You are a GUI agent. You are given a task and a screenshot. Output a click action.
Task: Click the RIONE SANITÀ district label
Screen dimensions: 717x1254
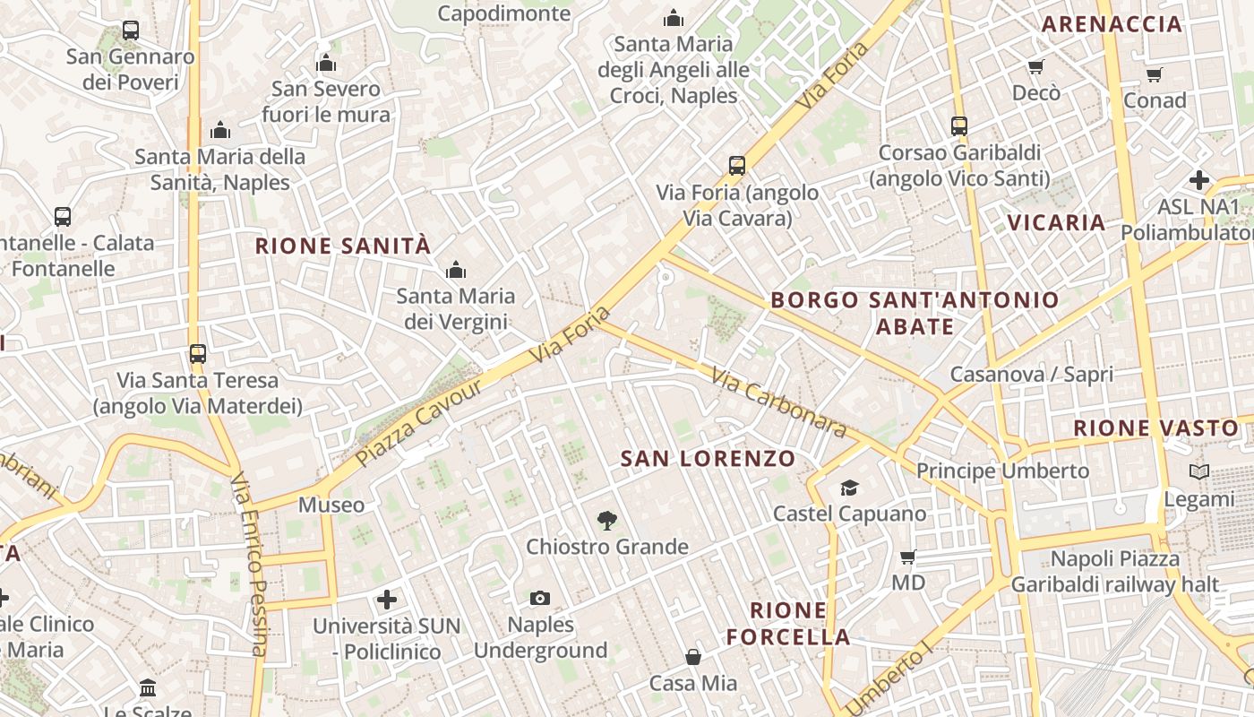pyautogui.click(x=343, y=246)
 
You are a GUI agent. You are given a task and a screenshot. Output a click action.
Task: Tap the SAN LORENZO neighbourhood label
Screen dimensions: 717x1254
pyautogui.click(x=708, y=459)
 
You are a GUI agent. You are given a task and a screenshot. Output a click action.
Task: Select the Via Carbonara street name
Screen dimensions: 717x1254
pyautogui.click(x=779, y=402)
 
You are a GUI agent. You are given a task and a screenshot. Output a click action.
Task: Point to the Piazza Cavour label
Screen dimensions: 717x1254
pyautogui.click(x=419, y=422)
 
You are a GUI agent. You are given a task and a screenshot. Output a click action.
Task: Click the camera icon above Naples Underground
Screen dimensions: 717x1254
pyautogui.click(x=540, y=598)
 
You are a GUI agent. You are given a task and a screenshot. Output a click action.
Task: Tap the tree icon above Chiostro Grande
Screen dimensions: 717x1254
pyautogui.click(x=607, y=520)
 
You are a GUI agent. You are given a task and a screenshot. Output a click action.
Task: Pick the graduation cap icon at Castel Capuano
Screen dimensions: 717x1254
pyautogui.click(x=849, y=488)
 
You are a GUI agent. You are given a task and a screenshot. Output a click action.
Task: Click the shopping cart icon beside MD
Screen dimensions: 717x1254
pyautogui.click(x=907, y=557)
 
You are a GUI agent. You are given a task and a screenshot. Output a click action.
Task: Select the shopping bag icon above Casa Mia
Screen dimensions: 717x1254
pyautogui.click(x=693, y=657)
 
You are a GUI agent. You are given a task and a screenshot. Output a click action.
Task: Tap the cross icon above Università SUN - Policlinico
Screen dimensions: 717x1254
pyautogui.click(x=387, y=599)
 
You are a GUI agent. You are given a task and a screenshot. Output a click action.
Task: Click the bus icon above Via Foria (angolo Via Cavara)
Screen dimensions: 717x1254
pyautogui.click(x=737, y=166)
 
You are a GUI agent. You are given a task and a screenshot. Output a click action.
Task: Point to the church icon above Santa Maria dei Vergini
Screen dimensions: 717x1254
pyautogui.click(x=456, y=270)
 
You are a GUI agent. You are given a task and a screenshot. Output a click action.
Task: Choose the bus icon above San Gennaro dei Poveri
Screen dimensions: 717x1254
pyautogui.click(x=131, y=30)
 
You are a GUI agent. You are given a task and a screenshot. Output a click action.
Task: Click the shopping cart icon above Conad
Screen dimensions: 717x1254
pyautogui.click(x=1155, y=74)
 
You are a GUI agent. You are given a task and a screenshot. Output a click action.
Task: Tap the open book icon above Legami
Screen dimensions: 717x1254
pyautogui.click(x=1199, y=471)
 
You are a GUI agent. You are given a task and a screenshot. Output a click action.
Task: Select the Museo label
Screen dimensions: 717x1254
pyautogui.click(x=331, y=505)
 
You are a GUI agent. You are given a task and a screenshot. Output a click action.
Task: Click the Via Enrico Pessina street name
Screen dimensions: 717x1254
pyautogui.click(x=249, y=565)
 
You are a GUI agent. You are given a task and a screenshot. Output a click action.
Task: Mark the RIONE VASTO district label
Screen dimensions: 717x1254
pyautogui.click(x=1155, y=428)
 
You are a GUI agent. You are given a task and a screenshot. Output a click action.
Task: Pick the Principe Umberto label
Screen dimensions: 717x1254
pyautogui.click(x=1002, y=471)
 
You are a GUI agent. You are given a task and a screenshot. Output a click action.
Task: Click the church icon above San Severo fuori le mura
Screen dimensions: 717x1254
pyautogui.click(x=326, y=63)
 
